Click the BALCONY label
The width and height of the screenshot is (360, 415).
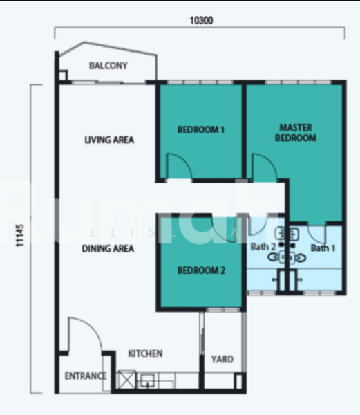(x=108, y=66)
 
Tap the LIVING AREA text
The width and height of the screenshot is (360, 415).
(x=109, y=140)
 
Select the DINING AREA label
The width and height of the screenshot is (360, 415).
(x=108, y=248)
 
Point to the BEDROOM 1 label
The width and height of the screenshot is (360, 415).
(x=201, y=130)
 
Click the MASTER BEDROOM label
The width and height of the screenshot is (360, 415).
(x=296, y=133)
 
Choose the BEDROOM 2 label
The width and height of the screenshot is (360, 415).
(x=201, y=270)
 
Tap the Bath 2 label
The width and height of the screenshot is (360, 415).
(x=263, y=247)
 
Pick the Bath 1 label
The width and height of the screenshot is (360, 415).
(x=323, y=248)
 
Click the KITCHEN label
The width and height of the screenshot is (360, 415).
(x=145, y=353)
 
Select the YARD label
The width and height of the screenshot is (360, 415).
(x=222, y=359)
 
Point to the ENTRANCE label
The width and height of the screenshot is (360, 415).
(x=86, y=376)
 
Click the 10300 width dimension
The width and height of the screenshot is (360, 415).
(x=201, y=20)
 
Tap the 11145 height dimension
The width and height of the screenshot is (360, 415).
(x=20, y=236)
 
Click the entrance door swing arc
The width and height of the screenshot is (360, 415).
(x=92, y=327)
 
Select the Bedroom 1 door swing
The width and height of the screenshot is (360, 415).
(x=183, y=160)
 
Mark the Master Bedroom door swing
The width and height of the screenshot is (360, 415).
(x=269, y=160)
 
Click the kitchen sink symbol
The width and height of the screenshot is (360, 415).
(x=147, y=380)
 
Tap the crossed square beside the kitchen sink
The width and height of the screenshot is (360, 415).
(x=126, y=380)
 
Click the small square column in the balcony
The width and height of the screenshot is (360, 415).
(x=63, y=75)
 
